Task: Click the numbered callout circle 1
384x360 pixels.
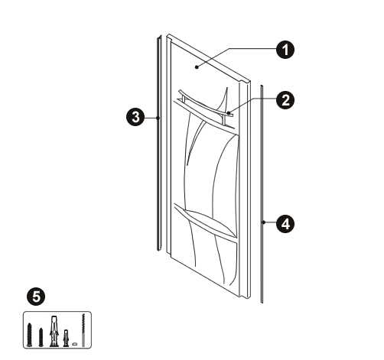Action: [x=285, y=50]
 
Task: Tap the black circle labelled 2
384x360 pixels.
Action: [x=285, y=100]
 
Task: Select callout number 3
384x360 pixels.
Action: [x=135, y=118]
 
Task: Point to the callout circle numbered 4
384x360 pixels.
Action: [x=285, y=224]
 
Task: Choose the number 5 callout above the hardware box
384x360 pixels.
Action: [x=36, y=297]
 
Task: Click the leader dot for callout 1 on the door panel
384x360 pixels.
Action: [x=197, y=67]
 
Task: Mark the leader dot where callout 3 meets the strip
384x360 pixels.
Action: [x=158, y=118]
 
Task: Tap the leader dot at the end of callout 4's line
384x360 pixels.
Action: [x=264, y=222]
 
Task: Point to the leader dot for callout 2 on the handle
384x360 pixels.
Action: [x=229, y=112]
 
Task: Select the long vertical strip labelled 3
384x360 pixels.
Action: [x=159, y=143]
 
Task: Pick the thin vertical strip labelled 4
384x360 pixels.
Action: [x=262, y=194]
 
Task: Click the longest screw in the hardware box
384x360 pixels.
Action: [x=30, y=335]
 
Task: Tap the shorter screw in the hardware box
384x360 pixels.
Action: [x=41, y=337]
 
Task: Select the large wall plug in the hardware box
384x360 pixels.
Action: [x=54, y=331]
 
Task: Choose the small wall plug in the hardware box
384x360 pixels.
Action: [x=66, y=338]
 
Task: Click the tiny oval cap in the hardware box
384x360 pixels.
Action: [x=74, y=344]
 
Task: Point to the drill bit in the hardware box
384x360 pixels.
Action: [x=83, y=330]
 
